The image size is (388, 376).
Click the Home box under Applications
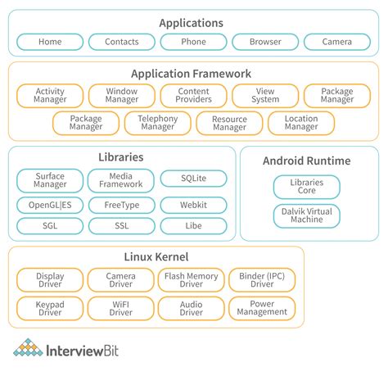49,42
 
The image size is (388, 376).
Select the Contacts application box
121,42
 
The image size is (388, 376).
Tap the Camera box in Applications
337,42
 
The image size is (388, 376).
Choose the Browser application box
265,42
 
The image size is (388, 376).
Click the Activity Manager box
49,96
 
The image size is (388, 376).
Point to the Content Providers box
193,96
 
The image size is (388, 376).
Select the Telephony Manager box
157,123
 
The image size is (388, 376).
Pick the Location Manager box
301,123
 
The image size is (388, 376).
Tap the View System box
265,96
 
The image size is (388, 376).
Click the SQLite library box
193,178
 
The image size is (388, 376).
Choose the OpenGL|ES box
49,205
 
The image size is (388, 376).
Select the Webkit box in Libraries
193,205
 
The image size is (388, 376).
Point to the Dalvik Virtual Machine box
306,216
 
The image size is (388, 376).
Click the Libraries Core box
306,187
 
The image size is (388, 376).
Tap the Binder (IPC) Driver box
262,281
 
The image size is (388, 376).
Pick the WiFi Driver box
121,307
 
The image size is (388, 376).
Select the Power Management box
262,307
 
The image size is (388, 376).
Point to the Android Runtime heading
307,161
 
